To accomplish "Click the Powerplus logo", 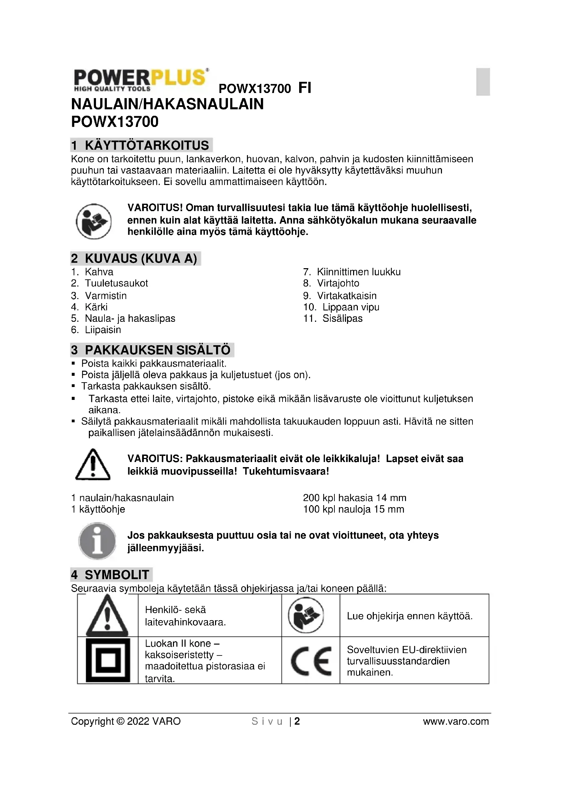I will tap(141, 80).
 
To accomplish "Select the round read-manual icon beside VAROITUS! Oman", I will tap(93, 221).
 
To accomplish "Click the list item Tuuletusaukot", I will tap(116, 283).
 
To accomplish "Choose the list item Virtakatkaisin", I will tap(347, 296).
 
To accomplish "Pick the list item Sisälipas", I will tap(342, 318).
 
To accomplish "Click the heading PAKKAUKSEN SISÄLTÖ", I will tap(157, 350).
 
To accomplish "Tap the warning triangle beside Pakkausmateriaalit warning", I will tap(93, 465).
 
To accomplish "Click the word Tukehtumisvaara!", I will tap(286, 472).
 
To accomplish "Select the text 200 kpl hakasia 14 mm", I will tap(354, 498).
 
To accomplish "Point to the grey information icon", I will tap(97, 541).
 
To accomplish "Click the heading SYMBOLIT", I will tap(117, 575).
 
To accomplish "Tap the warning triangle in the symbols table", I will tap(108, 616).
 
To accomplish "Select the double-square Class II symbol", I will tap(108, 661).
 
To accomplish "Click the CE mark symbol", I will tap(311, 661).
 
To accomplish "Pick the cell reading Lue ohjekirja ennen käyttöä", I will tap(409, 616).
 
